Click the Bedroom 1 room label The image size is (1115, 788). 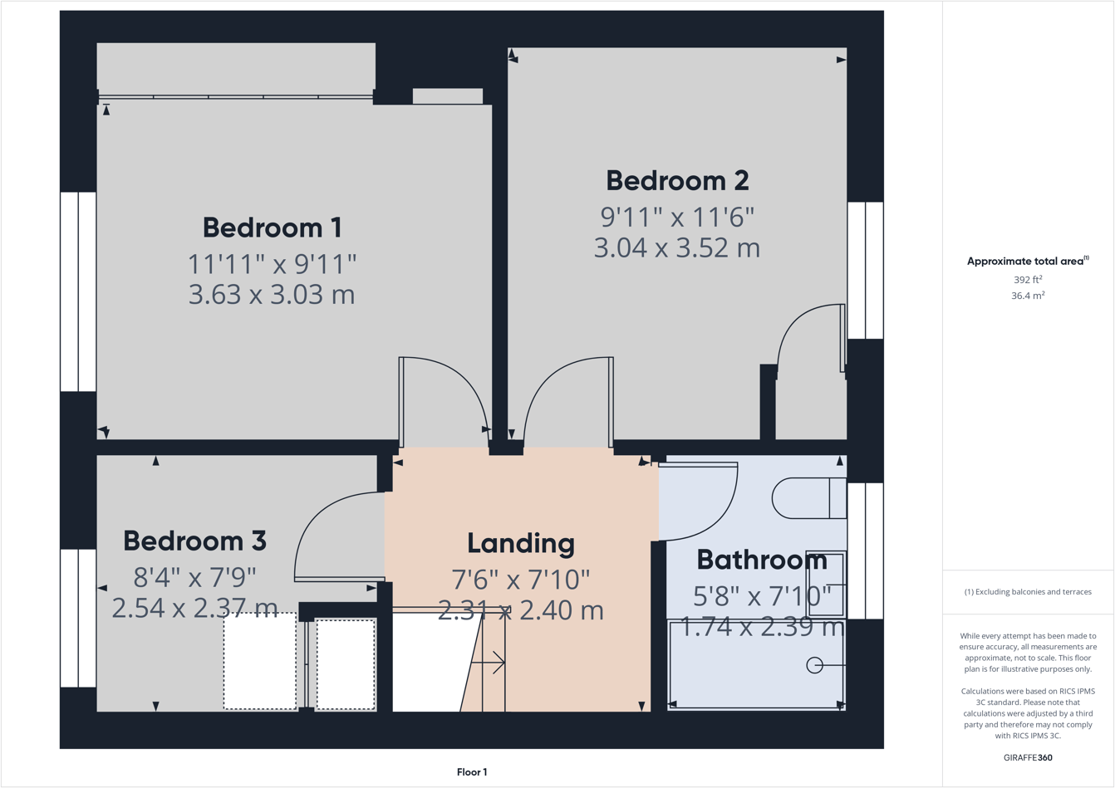pyautogui.click(x=272, y=228)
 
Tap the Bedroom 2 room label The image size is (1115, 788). pyautogui.click(x=677, y=180)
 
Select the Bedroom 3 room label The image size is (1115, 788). pyautogui.click(x=194, y=541)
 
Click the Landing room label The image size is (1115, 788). pyautogui.click(x=520, y=543)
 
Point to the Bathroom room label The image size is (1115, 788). pyautogui.click(x=761, y=560)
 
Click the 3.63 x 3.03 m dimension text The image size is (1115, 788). pyautogui.click(x=272, y=295)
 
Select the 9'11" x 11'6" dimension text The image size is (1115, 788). pyautogui.click(x=677, y=217)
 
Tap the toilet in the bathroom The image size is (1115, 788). pyautogui.click(x=808, y=498)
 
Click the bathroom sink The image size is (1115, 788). pyautogui.click(x=826, y=584)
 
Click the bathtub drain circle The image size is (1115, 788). pyautogui.click(x=814, y=665)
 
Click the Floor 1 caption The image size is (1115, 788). pyautogui.click(x=472, y=772)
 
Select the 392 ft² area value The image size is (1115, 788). pyautogui.click(x=1028, y=280)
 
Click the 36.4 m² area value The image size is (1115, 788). pyautogui.click(x=1028, y=296)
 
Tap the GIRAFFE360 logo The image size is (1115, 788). pyautogui.click(x=1028, y=758)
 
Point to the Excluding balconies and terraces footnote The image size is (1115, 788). pyautogui.click(x=1028, y=592)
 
